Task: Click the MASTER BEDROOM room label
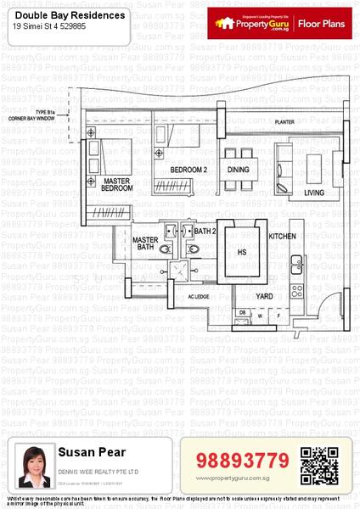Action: (117, 185)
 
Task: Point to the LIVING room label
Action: (315, 193)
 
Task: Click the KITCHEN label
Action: (282, 236)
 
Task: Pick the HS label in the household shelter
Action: (241, 252)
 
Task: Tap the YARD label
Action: (265, 296)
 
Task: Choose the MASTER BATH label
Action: (146, 244)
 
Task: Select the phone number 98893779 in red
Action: (243, 461)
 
